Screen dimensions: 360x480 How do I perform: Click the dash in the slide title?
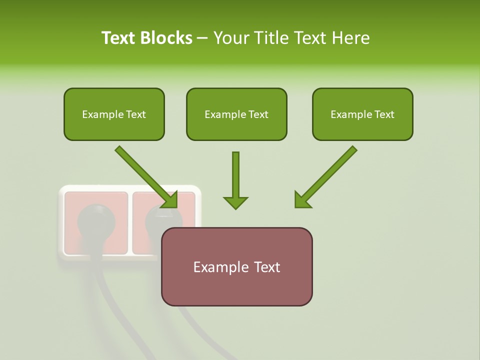(x=202, y=38)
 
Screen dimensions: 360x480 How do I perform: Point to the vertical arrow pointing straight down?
(x=235, y=180)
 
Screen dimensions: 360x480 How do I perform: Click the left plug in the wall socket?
(x=95, y=220)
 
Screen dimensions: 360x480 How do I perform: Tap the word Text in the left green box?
(x=135, y=114)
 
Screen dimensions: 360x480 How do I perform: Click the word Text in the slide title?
(x=120, y=38)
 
